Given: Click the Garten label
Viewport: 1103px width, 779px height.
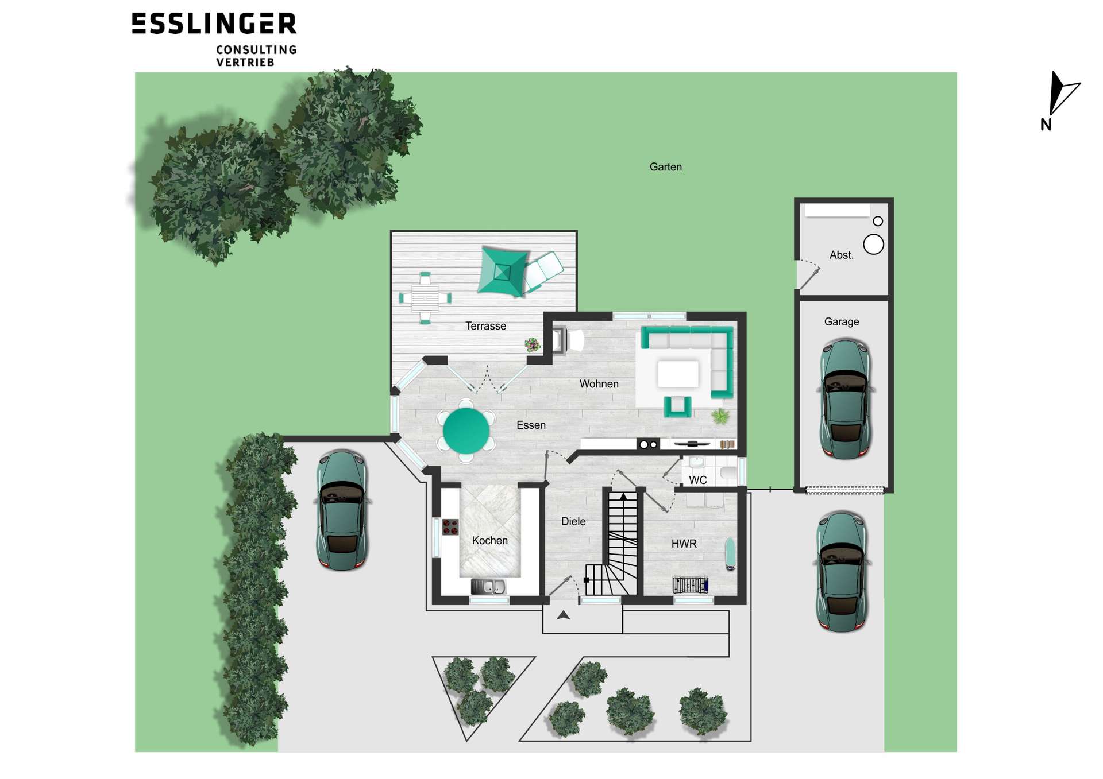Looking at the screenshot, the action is (x=665, y=167).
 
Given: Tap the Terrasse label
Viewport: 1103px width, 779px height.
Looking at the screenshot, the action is (x=485, y=326).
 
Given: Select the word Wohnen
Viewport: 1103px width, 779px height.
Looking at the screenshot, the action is (x=599, y=384).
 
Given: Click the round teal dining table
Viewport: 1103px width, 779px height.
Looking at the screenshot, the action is (x=466, y=430).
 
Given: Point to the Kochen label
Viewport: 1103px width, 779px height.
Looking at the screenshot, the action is (x=489, y=541).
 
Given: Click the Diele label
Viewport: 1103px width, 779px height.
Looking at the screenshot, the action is (x=573, y=521).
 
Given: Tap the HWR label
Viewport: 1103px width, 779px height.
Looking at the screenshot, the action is (x=684, y=544).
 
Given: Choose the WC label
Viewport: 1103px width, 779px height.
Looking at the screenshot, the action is (x=697, y=480).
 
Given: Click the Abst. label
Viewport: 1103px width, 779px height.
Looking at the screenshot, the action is (x=841, y=255).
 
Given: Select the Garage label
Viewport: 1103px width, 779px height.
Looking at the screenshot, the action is (x=842, y=322).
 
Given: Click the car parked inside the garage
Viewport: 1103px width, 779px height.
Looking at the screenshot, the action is (x=845, y=400).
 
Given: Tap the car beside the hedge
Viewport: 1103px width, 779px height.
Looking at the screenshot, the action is (x=342, y=510).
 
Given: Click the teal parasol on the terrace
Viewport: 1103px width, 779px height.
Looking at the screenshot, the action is (x=503, y=272).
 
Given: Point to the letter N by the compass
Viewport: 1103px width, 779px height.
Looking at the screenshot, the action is (x=1046, y=125).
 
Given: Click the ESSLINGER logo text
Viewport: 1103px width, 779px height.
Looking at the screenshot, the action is (x=214, y=24).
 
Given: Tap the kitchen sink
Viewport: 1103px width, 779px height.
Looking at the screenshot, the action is (x=488, y=586).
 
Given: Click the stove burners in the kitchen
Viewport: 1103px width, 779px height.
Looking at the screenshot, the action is (x=450, y=527).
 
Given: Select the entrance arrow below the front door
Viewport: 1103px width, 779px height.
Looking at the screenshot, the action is (x=563, y=615).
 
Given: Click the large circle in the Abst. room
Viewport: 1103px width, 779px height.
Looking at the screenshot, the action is (x=873, y=245).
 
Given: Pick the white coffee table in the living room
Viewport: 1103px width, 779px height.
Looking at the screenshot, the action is (x=678, y=374).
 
